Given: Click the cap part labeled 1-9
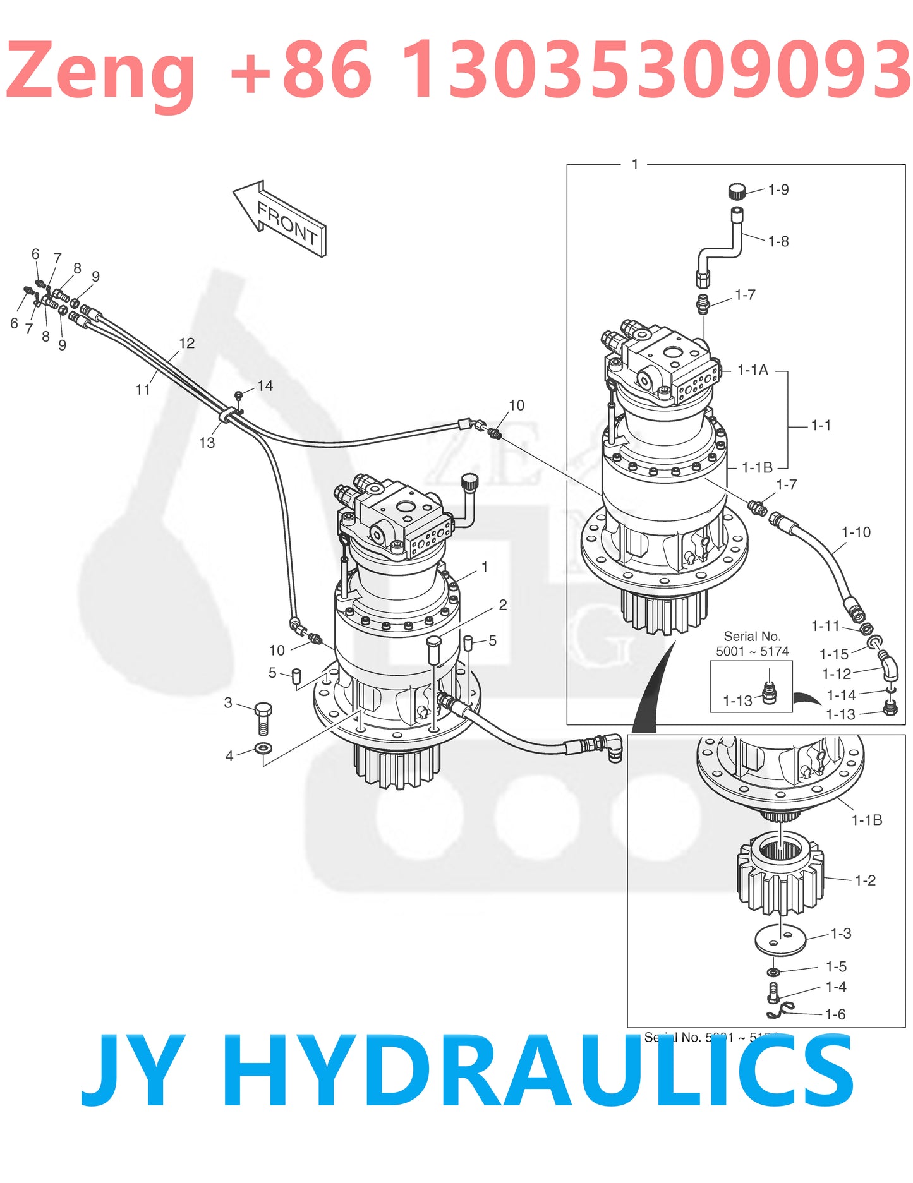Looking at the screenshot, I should [736, 190].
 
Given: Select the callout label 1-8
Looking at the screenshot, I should [778, 241].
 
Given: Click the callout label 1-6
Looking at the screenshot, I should [835, 1014].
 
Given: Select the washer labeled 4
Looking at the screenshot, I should [263, 749].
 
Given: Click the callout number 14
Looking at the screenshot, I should [265, 386].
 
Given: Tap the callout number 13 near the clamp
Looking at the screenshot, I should [207, 443].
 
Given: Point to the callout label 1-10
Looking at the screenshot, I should [856, 532].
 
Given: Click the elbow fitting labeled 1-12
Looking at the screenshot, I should [889, 667].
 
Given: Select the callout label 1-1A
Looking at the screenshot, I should [753, 370].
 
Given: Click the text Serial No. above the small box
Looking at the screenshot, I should [752, 636].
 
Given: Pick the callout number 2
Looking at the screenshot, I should [503, 605].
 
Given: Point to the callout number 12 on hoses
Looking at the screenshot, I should [187, 343].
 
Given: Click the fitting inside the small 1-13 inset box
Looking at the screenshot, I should [769, 693].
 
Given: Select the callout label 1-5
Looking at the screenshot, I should [836, 967].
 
